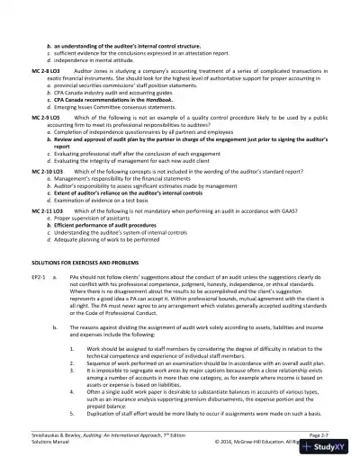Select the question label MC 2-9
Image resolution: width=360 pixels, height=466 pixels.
40,117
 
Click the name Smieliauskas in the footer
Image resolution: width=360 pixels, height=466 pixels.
45,434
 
